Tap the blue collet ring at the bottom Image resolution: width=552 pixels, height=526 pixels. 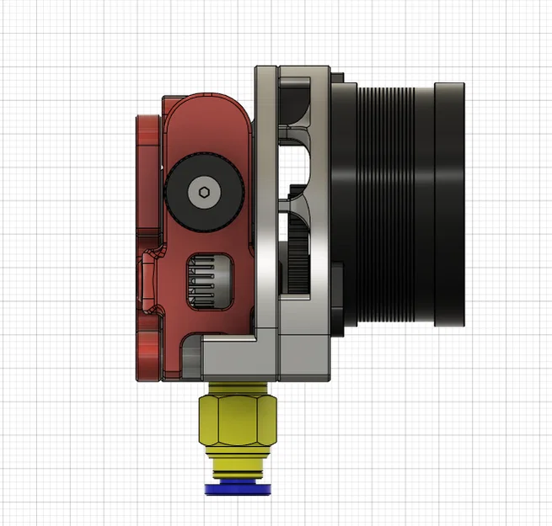click(x=235, y=490)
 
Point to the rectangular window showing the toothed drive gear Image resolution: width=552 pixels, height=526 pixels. click(x=206, y=281)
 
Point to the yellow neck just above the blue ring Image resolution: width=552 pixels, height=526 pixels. click(x=235, y=468)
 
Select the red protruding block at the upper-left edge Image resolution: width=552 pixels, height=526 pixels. click(x=147, y=135)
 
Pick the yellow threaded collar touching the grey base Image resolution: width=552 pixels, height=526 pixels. click(x=235, y=388)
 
